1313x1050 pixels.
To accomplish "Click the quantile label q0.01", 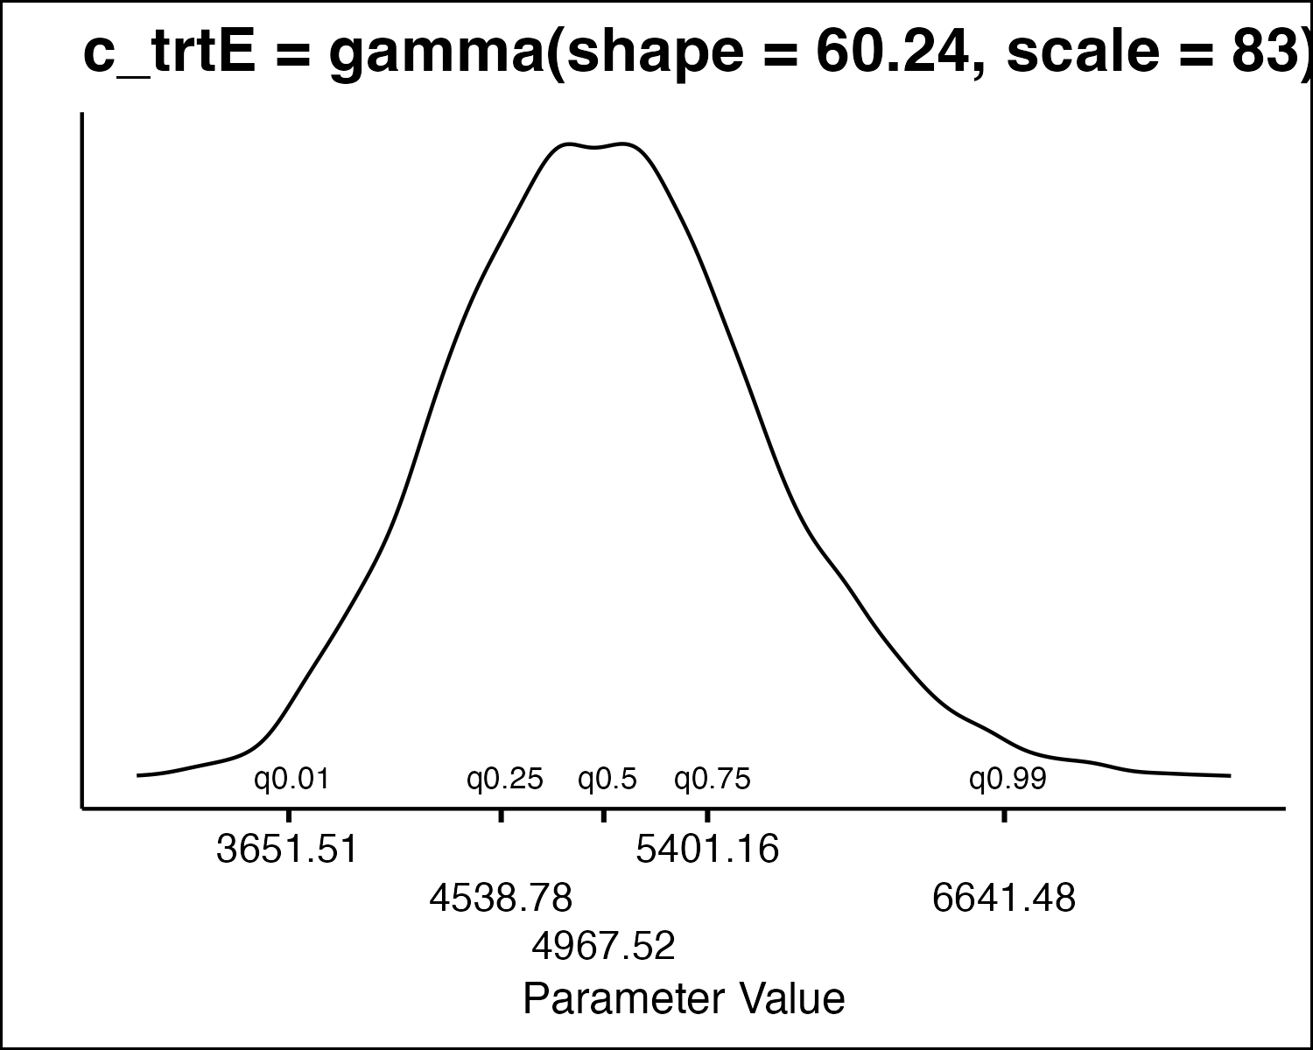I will click(291, 779).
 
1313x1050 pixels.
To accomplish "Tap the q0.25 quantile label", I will click(505, 779).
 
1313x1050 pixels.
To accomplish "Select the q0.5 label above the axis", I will click(607, 779).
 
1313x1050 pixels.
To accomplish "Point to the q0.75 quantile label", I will click(712, 779).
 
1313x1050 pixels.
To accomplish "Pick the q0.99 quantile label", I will click(1007, 779).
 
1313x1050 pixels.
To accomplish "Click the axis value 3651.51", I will click(287, 850).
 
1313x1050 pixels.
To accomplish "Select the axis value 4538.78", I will click(501, 898).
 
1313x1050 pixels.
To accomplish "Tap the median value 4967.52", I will click(604, 946).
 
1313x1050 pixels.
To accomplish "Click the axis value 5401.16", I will click(707, 850).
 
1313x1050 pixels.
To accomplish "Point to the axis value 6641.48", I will click(1004, 898).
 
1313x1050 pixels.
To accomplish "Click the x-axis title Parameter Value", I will click(684, 998).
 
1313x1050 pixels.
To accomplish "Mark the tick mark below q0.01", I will click(290, 815).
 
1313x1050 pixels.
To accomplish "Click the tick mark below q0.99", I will click(1004, 815).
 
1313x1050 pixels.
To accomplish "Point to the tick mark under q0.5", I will click(603, 815).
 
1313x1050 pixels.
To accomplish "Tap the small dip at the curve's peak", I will click(596, 148).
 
